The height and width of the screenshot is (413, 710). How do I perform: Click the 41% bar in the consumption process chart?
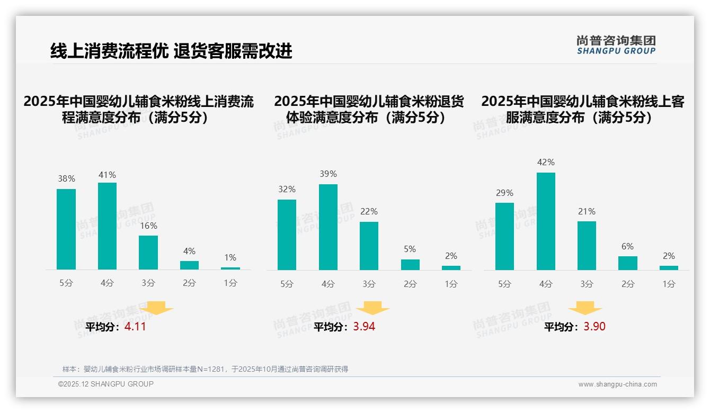[x=107, y=226]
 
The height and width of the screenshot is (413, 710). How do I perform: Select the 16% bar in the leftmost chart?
[x=148, y=253]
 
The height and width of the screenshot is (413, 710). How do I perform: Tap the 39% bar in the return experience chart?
[x=328, y=227]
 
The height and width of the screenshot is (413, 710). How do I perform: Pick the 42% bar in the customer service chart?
[x=546, y=221]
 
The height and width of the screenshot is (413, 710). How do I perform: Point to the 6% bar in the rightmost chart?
[x=628, y=263]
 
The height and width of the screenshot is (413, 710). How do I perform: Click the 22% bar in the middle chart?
[x=369, y=246]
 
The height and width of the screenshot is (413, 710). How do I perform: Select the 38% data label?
[x=66, y=179]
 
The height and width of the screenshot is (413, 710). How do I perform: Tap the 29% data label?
[x=504, y=193]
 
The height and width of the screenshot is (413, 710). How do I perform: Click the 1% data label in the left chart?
[x=230, y=257]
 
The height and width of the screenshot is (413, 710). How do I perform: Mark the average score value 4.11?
[x=135, y=327]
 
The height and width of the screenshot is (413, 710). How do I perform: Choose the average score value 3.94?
[x=364, y=327]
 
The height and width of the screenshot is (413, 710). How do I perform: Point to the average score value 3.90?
[x=594, y=327]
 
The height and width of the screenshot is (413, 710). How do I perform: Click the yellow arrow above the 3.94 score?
[x=373, y=308]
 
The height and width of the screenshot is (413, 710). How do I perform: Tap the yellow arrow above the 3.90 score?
[x=585, y=308]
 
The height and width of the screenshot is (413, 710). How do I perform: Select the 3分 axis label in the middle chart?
[x=369, y=284]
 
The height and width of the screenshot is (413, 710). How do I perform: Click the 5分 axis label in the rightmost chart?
[x=504, y=284]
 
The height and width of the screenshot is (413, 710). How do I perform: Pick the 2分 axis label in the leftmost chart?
[x=189, y=283]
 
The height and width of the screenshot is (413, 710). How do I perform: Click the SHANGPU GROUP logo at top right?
[x=616, y=45]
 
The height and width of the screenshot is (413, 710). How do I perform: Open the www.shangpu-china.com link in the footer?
[x=617, y=384]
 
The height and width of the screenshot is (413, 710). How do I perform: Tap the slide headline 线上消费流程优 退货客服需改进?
[x=171, y=51]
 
